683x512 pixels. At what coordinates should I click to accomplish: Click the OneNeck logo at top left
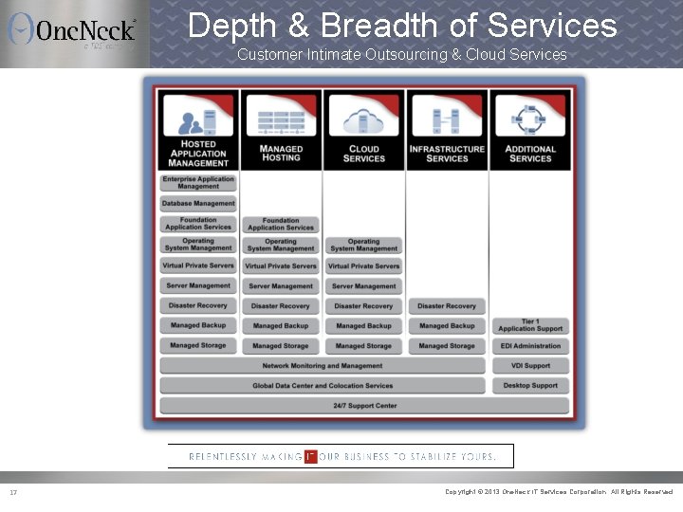tap(72, 30)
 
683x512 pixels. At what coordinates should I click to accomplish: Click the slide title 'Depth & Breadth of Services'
tap(402, 25)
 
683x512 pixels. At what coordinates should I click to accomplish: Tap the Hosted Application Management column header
tap(198, 155)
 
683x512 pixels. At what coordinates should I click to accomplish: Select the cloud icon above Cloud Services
tap(363, 119)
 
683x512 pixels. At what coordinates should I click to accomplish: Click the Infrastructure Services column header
tap(447, 154)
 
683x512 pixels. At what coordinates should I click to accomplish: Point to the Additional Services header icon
tap(529, 119)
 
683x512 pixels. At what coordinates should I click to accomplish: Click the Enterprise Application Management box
tap(198, 183)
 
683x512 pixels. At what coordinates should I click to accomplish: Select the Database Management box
tap(198, 203)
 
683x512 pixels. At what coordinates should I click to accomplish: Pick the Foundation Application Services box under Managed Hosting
tap(281, 224)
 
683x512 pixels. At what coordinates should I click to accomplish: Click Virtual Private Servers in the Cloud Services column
tap(363, 266)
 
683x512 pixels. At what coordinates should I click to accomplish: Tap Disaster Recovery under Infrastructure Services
tap(447, 306)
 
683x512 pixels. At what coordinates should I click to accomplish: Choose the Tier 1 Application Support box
tap(530, 325)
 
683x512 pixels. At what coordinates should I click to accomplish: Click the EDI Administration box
tap(530, 346)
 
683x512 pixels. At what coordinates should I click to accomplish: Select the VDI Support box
tap(530, 366)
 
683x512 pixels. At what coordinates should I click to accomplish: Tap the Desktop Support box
tap(530, 386)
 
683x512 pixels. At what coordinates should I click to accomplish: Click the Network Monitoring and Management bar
tap(323, 366)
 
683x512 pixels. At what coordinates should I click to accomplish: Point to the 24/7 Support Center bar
tap(364, 406)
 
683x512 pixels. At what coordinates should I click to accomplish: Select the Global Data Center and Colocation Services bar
tap(323, 386)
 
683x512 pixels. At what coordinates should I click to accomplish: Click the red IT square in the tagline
tap(310, 456)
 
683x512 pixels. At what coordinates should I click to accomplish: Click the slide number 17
tap(13, 492)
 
